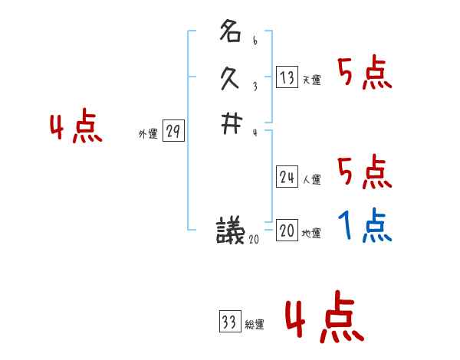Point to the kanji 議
tap(230, 231)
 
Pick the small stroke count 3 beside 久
tap(255, 86)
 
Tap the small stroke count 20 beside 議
tap(255, 240)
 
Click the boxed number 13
tap(287, 77)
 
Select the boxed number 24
tap(287, 178)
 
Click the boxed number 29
tap(173, 132)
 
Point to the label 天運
tap(312, 80)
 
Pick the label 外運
tap(148, 134)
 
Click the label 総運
tap(255, 325)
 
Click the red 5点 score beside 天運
tap(365, 74)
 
